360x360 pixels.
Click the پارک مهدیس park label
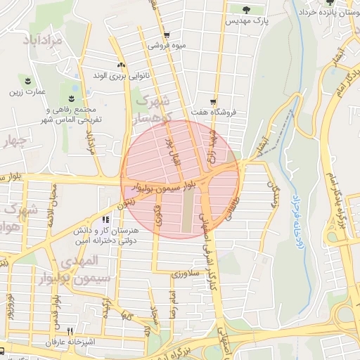(247, 22)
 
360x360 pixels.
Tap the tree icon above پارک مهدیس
(247, 10)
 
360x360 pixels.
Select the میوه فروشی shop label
(167, 46)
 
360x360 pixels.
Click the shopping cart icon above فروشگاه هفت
(214, 101)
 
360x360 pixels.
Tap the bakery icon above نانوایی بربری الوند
(121, 63)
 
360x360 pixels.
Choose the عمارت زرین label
(27, 91)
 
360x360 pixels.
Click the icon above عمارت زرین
(28, 80)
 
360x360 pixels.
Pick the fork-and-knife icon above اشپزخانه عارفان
(70, 330)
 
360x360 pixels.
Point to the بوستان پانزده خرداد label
(331, 13)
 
